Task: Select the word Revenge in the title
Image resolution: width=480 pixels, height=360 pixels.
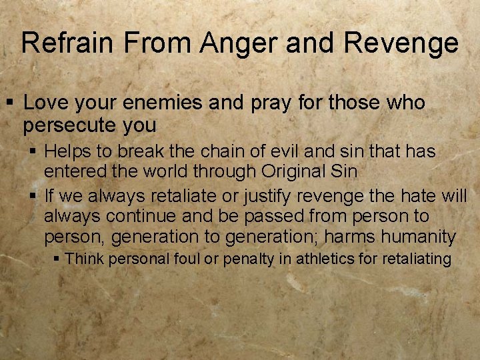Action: [401, 43]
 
